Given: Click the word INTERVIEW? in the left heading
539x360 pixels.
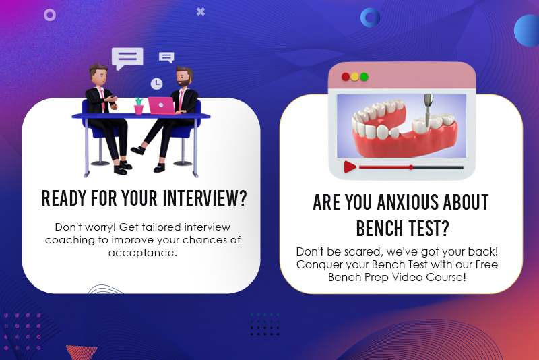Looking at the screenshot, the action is click(205, 198).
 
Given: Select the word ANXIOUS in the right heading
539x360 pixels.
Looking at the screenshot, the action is click(408, 202).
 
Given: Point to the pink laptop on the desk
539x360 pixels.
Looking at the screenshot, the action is click(162, 105).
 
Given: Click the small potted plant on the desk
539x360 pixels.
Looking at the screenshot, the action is click(139, 106).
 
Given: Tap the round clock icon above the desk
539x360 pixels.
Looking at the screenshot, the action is click(156, 84).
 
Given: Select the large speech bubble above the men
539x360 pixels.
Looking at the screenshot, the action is click(127, 58).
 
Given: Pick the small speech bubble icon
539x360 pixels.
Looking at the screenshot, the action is click(166, 57).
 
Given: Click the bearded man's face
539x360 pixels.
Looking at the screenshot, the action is click(183, 78).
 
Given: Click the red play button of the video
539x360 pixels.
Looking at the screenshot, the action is click(350, 167).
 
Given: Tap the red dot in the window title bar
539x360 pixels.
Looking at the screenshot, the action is click(346, 77).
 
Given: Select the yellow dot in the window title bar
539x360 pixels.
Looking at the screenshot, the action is click(355, 77).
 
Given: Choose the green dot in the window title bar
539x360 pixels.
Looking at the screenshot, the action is click(364, 77).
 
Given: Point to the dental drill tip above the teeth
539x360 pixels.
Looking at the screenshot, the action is click(427, 125).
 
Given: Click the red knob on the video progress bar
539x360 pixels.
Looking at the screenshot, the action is click(411, 167).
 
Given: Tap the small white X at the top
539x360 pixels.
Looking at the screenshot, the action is click(201, 11).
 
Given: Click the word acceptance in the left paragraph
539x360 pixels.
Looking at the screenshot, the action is click(142, 253).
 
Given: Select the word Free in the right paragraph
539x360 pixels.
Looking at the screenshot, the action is click(486, 264).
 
